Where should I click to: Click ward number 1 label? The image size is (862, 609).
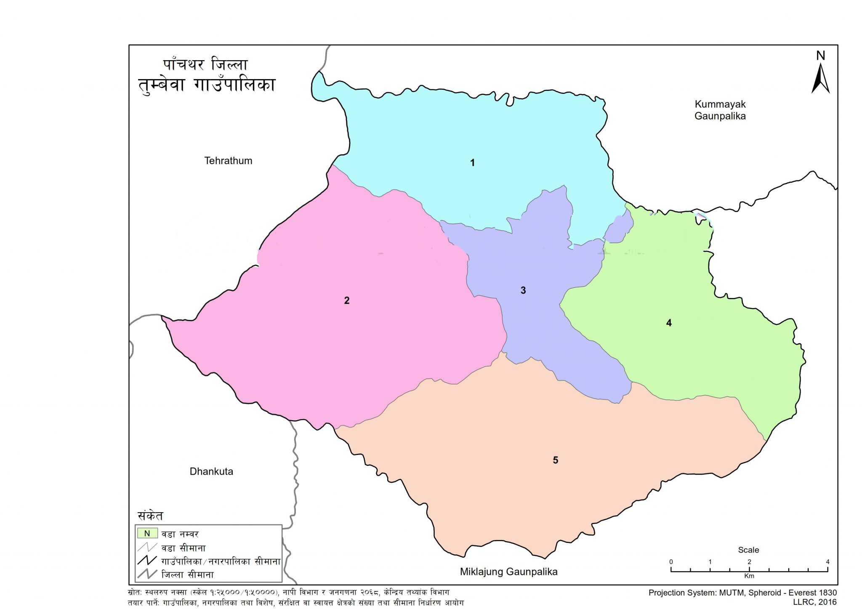click(472, 163)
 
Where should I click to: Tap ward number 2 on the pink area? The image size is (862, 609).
click(346, 301)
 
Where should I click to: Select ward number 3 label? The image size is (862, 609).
click(523, 290)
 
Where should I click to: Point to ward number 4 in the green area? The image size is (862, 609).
click(669, 323)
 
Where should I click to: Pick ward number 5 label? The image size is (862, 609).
click(555, 460)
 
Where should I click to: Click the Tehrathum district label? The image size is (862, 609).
click(228, 161)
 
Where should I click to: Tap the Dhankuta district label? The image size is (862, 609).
click(211, 471)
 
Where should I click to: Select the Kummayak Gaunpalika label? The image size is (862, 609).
click(720, 110)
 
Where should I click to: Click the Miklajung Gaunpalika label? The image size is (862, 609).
click(508, 572)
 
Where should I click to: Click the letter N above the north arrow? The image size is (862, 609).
click(820, 56)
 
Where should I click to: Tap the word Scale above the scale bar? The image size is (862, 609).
click(748, 550)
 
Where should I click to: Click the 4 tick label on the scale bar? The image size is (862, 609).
click(827, 562)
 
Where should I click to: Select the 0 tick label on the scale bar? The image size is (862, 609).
click(671, 562)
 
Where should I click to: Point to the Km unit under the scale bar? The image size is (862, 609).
click(749, 576)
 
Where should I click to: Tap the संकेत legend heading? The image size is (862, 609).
click(150, 516)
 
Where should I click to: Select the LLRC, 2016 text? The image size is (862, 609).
click(814, 602)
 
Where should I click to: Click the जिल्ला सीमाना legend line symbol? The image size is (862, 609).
click(147, 574)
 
